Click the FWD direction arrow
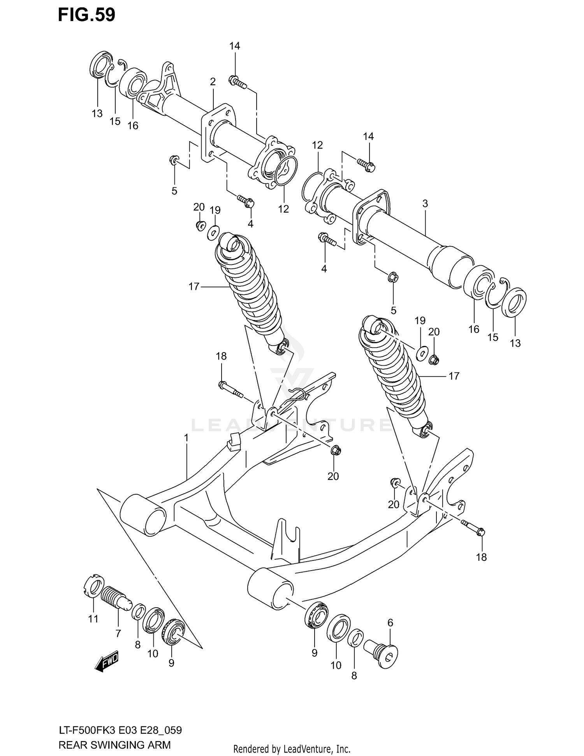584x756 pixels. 106,661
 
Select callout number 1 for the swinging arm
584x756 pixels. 186,438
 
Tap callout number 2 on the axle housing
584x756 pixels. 213,82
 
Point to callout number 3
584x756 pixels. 425,203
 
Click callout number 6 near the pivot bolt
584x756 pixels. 391,623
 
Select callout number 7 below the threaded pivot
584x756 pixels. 118,633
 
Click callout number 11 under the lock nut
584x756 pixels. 93,619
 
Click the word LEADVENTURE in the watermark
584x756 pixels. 292,425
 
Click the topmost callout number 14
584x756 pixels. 234,46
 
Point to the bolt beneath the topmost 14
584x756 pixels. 237,82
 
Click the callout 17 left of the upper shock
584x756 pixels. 194,287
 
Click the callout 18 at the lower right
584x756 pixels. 481,557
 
